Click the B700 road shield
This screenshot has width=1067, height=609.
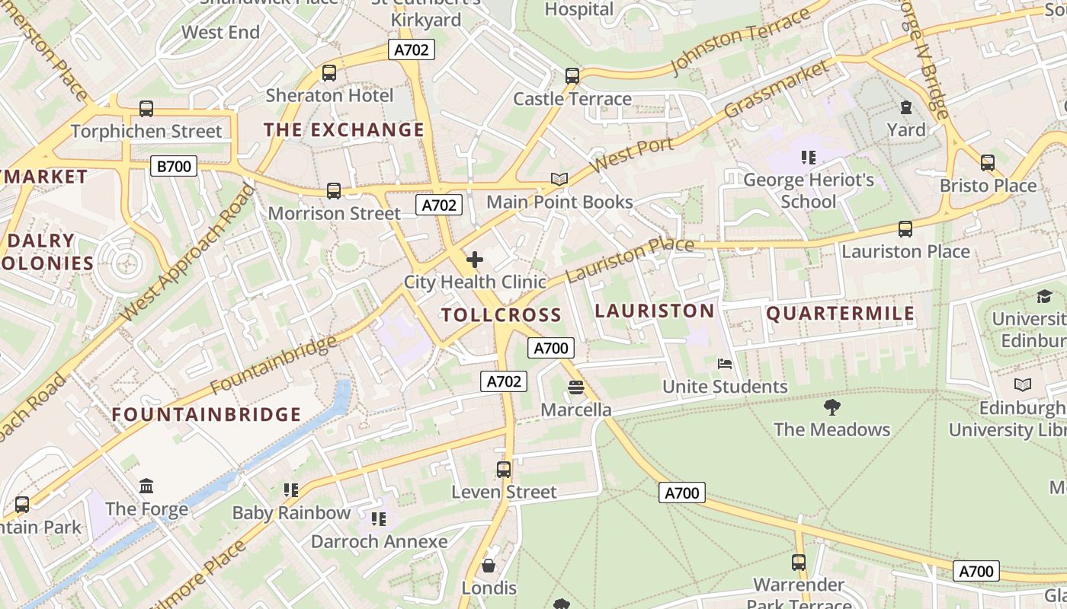[174, 166]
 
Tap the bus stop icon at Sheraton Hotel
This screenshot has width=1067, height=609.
[329, 73]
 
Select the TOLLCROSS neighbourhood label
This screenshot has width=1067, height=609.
[501, 315]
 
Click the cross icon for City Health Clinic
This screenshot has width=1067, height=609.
[475, 260]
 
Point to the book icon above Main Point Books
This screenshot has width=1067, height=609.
[559, 180]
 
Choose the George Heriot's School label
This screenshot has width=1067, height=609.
[809, 191]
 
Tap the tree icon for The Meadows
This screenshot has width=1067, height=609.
[832, 407]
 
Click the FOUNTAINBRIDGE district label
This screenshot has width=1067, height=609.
[207, 415]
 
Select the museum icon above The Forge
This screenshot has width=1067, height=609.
[146, 486]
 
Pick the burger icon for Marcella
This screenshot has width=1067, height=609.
[576, 388]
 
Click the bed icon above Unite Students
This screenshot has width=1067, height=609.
[725, 364]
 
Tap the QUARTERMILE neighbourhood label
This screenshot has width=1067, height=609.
[840, 314]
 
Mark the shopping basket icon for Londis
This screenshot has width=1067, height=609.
[489, 566]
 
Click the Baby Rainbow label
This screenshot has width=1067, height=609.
[291, 513]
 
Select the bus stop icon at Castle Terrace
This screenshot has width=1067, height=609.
[572, 76]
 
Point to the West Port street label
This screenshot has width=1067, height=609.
[632, 156]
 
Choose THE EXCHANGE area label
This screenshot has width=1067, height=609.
[344, 130]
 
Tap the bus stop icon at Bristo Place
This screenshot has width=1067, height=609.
[988, 162]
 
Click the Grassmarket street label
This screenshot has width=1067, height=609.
[777, 90]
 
